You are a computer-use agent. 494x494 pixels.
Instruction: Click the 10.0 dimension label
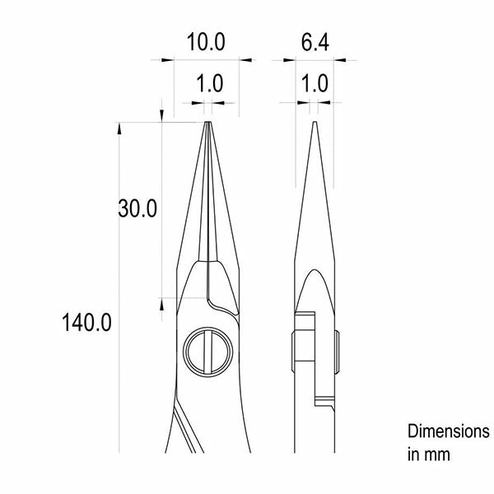click(x=206, y=42)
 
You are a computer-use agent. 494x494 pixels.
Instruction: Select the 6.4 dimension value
click(x=315, y=42)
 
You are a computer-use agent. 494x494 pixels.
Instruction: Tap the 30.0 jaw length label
click(x=137, y=208)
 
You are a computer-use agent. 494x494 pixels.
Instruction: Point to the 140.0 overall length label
click(x=86, y=323)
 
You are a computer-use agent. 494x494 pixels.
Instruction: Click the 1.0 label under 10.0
click(x=210, y=83)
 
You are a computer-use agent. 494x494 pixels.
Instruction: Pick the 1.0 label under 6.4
click(x=315, y=83)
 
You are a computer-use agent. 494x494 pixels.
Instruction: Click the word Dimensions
click(x=449, y=431)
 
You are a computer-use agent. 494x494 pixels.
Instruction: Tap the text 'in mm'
click(x=429, y=454)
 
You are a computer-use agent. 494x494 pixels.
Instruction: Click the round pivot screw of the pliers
click(x=208, y=352)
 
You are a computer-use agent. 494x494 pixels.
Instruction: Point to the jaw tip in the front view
click(x=208, y=123)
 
